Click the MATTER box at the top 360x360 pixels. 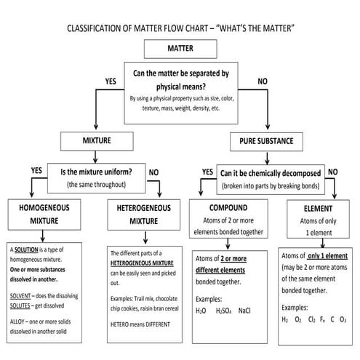pyautogui.click(x=180, y=49)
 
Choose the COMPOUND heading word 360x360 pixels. pyautogui.click(x=228, y=207)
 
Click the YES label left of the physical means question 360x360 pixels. pyautogui.click(x=111, y=81)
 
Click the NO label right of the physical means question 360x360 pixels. pyautogui.click(x=262, y=81)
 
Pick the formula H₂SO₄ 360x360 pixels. pyautogui.click(x=224, y=310)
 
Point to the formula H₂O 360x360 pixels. pyautogui.click(x=200, y=310)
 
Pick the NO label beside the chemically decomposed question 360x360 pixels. pyautogui.click(x=332, y=171)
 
